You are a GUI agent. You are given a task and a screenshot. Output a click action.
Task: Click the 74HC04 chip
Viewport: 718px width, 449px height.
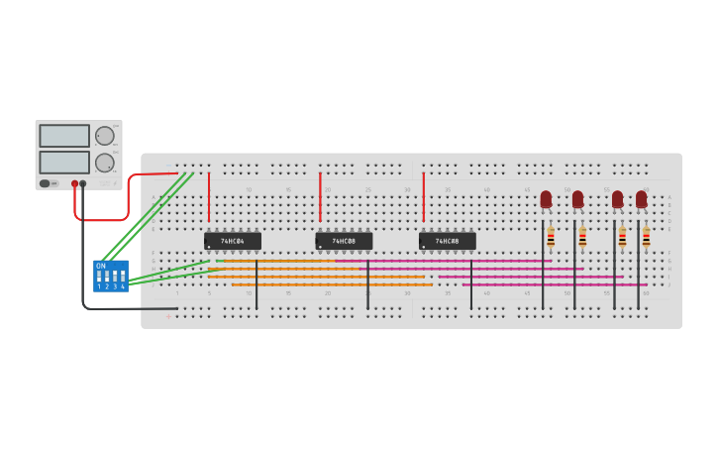point(233,241)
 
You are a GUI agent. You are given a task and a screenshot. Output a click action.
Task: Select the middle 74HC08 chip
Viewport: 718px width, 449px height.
point(344,241)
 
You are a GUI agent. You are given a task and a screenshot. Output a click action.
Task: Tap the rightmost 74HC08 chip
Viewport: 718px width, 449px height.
point(447,241)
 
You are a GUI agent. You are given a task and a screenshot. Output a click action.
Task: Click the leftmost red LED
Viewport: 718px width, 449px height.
point(546,199)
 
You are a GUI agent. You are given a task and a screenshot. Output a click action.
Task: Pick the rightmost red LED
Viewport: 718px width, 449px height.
point(642,199)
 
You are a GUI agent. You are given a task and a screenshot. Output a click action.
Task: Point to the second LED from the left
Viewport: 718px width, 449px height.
point(577,199)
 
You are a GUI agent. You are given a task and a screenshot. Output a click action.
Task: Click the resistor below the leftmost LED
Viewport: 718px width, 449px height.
point(551,238)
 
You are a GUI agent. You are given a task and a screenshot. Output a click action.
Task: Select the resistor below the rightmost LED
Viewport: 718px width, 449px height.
point(646,238)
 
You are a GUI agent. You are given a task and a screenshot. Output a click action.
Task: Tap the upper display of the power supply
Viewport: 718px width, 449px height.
point(64,136)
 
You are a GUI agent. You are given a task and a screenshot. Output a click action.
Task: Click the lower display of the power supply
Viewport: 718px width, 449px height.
point(64,162)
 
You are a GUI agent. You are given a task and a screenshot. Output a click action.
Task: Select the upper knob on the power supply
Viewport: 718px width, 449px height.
point(104,136)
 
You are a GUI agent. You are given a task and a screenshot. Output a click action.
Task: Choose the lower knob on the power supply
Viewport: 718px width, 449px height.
point(104,163)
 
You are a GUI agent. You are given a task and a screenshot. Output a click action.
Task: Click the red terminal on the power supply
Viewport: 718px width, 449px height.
point(74,183)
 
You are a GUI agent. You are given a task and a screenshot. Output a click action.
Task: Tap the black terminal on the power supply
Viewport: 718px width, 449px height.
point(83,183)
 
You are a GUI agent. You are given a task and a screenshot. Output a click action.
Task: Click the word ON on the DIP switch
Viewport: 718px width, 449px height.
point(100,266)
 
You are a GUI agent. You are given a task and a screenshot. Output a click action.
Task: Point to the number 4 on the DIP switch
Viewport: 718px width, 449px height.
point(123,286)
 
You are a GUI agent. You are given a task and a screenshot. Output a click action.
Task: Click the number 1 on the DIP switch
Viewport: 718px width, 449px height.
point(99,286)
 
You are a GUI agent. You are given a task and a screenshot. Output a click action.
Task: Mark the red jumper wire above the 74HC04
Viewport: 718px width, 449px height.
point(209,196)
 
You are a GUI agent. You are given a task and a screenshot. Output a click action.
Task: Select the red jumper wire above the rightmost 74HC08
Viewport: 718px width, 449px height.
point(424,196)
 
